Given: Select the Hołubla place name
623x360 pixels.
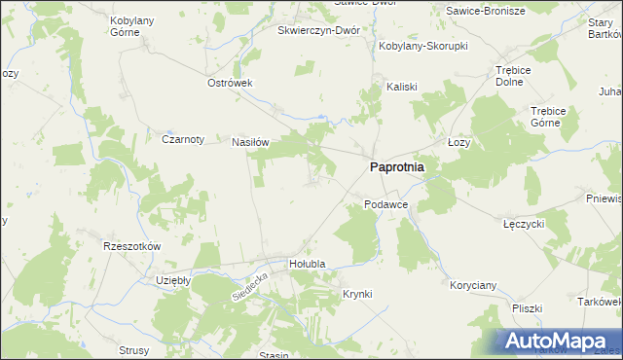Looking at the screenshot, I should [307, 264].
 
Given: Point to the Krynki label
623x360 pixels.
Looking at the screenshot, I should [357, 293].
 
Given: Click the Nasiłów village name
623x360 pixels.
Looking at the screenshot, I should [249, 142].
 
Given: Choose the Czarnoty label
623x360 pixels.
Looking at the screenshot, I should [183, 139].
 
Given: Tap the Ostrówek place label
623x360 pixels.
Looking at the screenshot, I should [230, 83].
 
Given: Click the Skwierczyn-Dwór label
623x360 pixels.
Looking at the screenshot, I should [318, 30].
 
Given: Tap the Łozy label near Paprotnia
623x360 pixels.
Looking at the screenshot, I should [458, 142].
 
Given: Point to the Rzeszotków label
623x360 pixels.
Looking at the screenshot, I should [131, 246].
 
